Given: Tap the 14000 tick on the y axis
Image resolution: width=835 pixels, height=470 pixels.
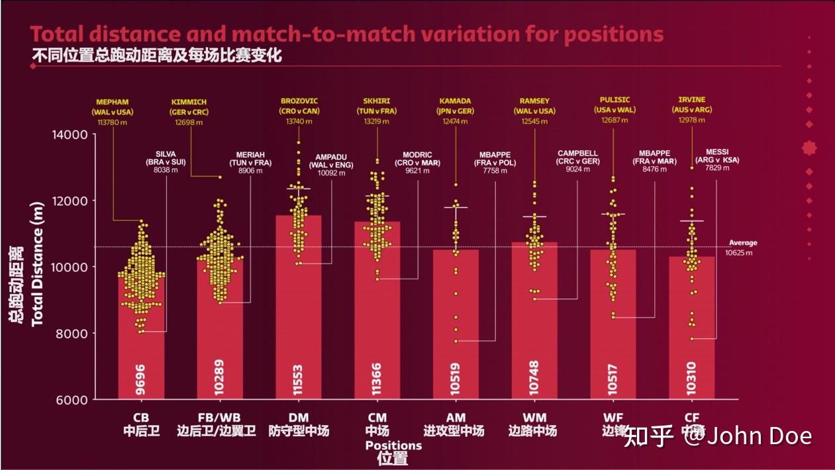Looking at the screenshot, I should (70, 135).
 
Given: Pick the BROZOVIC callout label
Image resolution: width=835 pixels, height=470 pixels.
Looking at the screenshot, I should (299, 102).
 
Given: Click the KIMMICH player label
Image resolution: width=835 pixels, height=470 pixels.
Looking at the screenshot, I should (189, 102).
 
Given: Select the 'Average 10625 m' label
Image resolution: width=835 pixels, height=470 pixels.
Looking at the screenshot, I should (742, 248).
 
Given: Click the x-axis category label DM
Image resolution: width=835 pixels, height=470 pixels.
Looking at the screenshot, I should (298, 418).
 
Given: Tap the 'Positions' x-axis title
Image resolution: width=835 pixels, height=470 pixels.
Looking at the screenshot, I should (393, 446).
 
